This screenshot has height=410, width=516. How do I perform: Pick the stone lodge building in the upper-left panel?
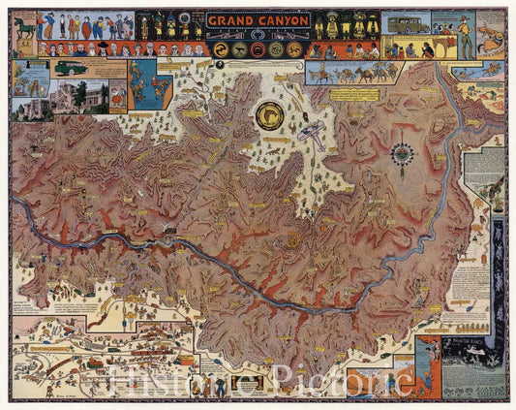pos(82,98)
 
